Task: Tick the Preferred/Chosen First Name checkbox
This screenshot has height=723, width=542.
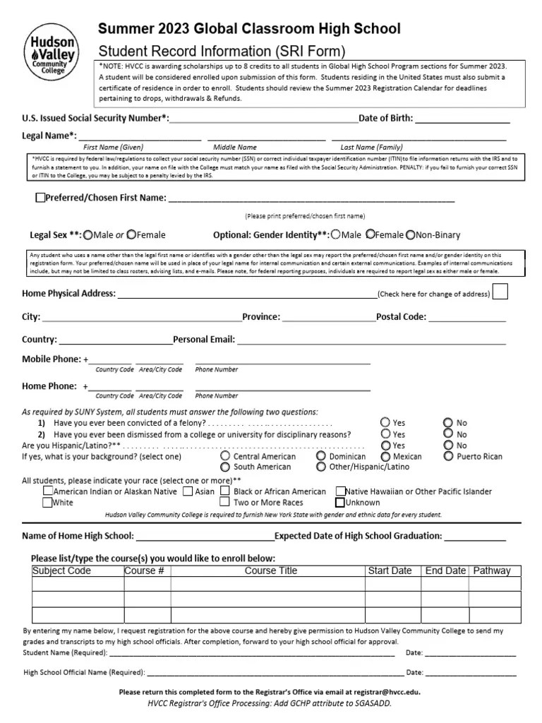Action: [40, 198]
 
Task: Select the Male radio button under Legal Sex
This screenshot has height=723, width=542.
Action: [88, 234]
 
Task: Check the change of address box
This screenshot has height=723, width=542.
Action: [500, 292]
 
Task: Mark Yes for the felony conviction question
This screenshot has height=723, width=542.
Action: [385, 422]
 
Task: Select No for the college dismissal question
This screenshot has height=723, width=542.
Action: [448, 434]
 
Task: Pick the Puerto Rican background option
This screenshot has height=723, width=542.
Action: [449, 456]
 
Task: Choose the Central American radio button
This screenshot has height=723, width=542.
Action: [225, 456]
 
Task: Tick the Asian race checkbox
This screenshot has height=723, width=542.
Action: [188, 491]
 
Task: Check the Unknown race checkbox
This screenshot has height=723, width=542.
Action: [340, 503]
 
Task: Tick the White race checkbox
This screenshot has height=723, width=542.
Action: [47, 503]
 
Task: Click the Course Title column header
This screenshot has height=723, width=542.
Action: [271, 570]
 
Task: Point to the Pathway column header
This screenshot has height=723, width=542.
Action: [492, 570]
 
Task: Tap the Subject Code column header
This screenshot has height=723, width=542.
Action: [62, 570]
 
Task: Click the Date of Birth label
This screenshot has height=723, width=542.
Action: [386, 118]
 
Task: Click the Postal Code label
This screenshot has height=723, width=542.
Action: [401, 317]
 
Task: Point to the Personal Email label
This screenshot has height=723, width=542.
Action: [204, 340]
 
